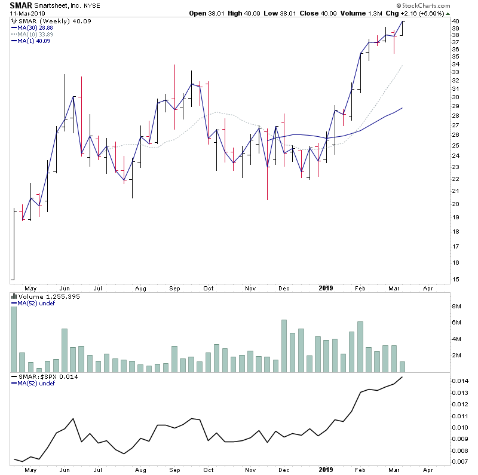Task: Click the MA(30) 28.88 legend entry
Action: click(x=35, y=28)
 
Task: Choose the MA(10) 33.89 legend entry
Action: click(x=35, y=35)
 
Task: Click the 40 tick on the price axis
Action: click(x=455, y=22)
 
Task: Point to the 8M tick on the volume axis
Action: click(x=456, y=307)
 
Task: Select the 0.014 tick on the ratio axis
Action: click(x=459, y=381)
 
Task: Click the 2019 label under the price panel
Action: click(x=326, y=287)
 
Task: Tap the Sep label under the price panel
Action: click(x=174, y=287)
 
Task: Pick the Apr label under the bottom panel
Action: click(x=428, y=471)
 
